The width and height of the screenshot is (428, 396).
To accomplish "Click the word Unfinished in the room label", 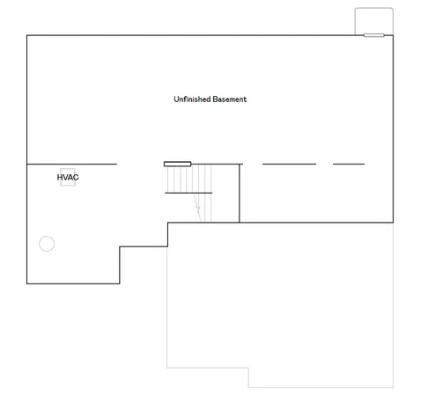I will [x=192, y=99].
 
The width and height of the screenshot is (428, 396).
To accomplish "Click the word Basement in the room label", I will [x=229, y=99].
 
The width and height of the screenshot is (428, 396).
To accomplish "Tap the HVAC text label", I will [x=68, y=178].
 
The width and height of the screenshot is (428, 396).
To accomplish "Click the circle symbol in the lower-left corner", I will [x=47, y=244].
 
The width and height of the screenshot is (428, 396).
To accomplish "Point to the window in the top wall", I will [x=373, y=36].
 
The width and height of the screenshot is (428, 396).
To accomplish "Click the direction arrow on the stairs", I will [x=198, y=209].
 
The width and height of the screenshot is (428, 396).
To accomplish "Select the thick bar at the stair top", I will [x=177, y=164].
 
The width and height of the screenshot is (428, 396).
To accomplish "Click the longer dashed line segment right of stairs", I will [x=289, y=164].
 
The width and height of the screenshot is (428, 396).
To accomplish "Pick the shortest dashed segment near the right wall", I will [x=348, y=164].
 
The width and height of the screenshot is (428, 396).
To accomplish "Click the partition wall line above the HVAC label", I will [x=71, y=164].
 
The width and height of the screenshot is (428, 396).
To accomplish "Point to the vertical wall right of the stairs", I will [x=240, y=193].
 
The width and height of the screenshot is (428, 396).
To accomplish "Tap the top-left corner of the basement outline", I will [x=27, y=36].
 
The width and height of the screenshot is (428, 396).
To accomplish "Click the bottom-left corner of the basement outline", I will [x=27, y=282].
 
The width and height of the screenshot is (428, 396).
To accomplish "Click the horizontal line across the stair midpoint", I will [x=188, y=193].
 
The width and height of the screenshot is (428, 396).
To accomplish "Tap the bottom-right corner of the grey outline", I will [x=392, y=387].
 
